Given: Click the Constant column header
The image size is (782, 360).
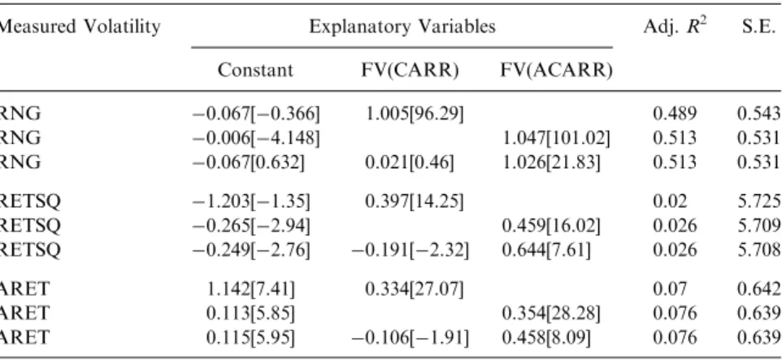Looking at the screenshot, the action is (255, 71).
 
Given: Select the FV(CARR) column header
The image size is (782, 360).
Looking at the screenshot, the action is (410, 71).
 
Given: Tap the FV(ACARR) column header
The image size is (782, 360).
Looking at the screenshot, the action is (556, 71).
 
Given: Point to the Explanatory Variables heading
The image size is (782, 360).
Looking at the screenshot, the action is (402, 26).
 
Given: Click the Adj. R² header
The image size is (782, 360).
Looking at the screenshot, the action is (675, 25).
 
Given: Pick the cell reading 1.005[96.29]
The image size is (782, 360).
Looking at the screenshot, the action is (415, 115).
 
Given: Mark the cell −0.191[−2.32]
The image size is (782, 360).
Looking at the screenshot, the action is (411, 249).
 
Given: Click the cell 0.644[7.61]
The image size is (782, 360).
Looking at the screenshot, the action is (546, 249).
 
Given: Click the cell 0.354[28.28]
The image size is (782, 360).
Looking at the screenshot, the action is (551, 314).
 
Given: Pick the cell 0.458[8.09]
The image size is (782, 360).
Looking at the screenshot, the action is (546, 337).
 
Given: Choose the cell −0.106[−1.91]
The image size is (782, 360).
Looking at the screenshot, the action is (411, 337).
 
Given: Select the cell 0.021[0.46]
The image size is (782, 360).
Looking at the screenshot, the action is (410, 162).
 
